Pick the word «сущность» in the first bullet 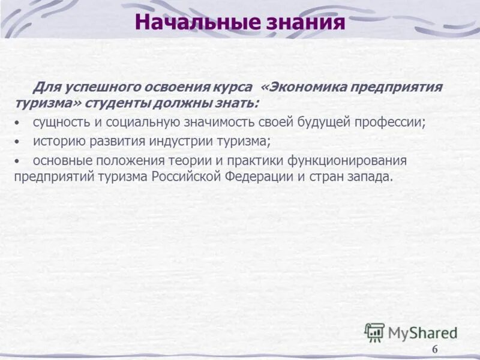59,122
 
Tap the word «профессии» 393,122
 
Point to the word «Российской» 190,177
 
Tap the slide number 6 435,350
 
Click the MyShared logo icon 374,332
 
